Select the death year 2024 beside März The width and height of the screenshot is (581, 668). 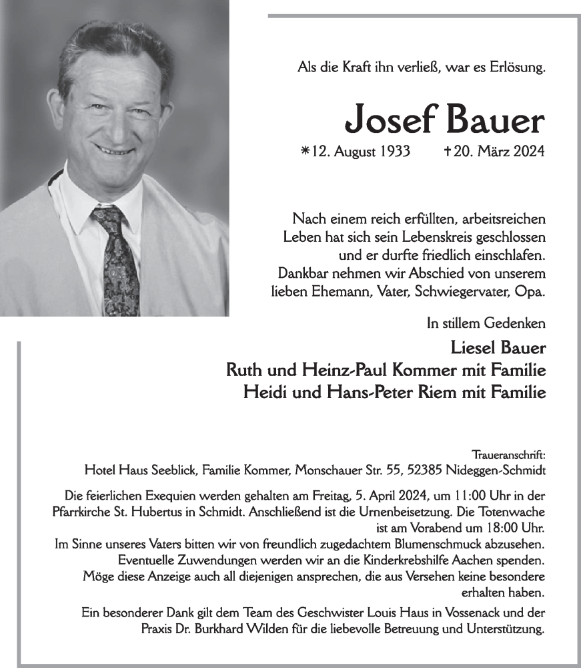[x=530, y=152]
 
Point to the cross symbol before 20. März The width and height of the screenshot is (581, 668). [x=447, y=152]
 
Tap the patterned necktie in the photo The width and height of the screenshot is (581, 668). [x=118, y=261]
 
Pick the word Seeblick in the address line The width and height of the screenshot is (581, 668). [x=174, y=470]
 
